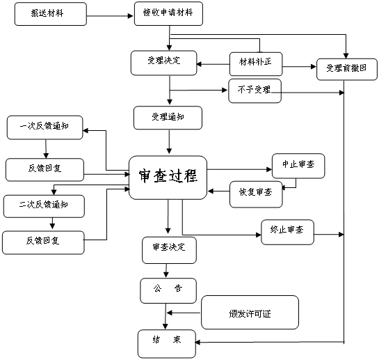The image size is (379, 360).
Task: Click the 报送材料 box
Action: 51,14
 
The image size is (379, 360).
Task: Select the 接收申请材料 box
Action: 168,13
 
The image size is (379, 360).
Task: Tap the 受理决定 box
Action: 164,63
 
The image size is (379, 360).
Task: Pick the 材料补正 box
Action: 256,64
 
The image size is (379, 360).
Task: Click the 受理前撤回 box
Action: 347,69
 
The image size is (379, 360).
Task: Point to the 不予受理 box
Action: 255,91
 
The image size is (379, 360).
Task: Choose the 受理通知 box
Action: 168,118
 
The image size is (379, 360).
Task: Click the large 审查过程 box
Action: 168,178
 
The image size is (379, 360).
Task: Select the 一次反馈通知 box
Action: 45,127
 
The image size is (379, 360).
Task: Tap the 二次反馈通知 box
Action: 44,206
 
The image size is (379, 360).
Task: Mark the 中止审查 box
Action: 298,166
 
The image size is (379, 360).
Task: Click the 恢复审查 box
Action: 256,194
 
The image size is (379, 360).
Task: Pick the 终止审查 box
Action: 288,232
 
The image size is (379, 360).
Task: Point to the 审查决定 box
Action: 169,250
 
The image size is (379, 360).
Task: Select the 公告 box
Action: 168,291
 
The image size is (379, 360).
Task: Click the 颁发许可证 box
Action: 250,313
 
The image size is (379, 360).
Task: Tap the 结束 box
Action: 166,344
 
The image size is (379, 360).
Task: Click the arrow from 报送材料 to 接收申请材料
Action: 110,16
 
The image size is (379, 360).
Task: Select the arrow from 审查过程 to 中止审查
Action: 239,169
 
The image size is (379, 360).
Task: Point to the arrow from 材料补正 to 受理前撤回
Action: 300,67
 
